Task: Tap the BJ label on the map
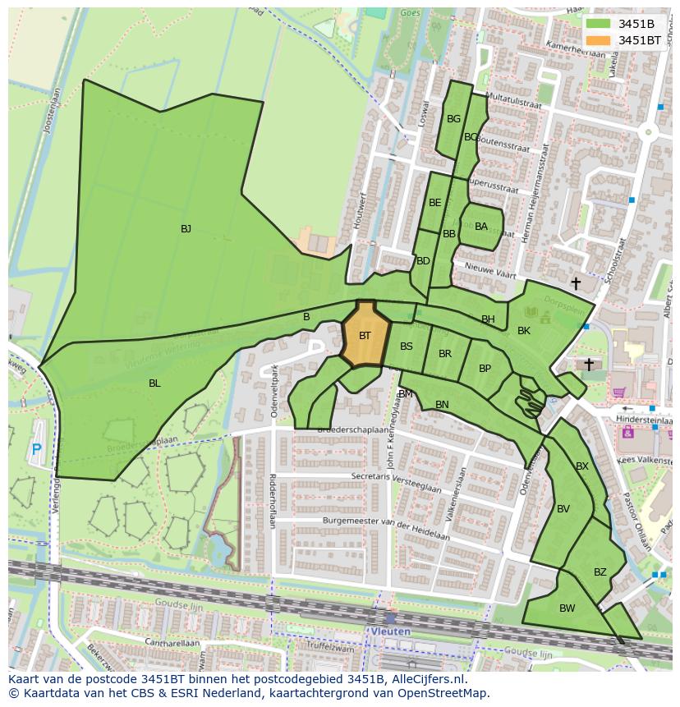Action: [x=186, y=229]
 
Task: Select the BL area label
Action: [x=154, y=383]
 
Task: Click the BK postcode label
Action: [x=524, y=331]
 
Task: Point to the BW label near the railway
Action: [x=567, y=608]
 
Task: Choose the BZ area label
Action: [x=600, y=572]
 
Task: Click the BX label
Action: [x=582, y=466]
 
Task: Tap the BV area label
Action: [x=563, y=509]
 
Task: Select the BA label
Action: [x=481, y=227]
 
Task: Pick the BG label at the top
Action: [x=453, y=119]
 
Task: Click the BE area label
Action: [x=435, y=203]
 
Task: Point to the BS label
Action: [x=407, y=347]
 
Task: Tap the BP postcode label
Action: [x=485, y=369]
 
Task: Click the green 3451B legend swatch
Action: [x=599, y=24]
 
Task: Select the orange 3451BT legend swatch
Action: [x=599, y=39]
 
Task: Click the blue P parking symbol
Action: [x=36, y=449]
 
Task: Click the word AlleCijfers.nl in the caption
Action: [x=428, y=679]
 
